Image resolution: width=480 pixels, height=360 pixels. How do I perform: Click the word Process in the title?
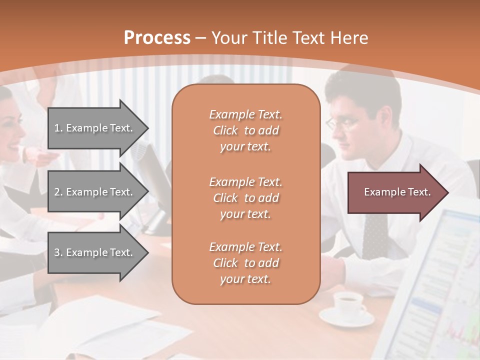pyautogui.click(x=157, y=37)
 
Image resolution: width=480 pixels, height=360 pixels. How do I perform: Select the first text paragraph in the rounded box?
pyautogui.click(x=245, y=130)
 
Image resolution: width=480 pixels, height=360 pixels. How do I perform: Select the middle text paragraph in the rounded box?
pyautogui.click(x=245, y=198)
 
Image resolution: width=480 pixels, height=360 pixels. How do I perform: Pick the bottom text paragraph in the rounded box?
pyautogui.click(x=245, y=263)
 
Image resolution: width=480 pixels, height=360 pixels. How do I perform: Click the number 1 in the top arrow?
pyautogui.click(x=56, y=128)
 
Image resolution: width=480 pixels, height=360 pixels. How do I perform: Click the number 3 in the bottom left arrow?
pyautogui.click(x=57, y=252)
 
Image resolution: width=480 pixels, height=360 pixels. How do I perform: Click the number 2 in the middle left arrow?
pyautogui.click(x=57, y=192)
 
